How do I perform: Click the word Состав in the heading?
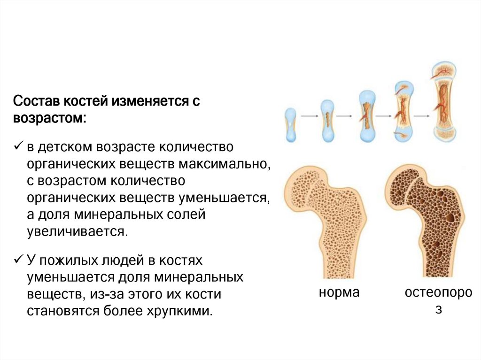[x=36, y=101]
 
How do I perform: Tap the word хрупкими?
[x=180, y=311]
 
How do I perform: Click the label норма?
[x=339, y=293]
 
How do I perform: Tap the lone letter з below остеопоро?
[x=438, y=310]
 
